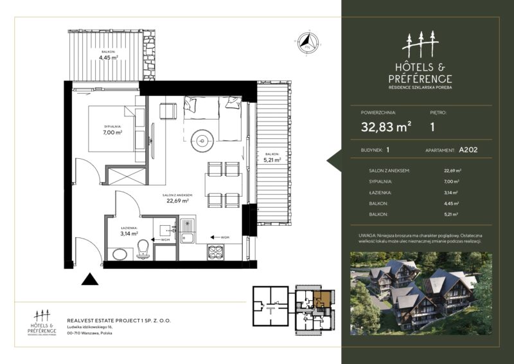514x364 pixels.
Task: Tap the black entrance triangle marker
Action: click(x=90, y=279)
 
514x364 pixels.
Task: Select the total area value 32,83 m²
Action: click(x=386, y=127)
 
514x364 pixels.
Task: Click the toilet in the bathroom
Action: click(x=143, y=250)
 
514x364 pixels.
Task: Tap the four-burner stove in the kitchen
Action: click(x=215, y=252)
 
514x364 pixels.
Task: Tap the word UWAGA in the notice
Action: click(x=369, y=236)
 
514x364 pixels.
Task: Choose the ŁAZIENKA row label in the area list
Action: click(x=373, y=192)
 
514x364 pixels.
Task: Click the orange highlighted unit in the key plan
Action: click(x=323, y=298)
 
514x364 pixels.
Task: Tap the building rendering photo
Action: click(x=421, y=293)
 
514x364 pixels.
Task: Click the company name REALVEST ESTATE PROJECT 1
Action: click(x=119, y=320)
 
